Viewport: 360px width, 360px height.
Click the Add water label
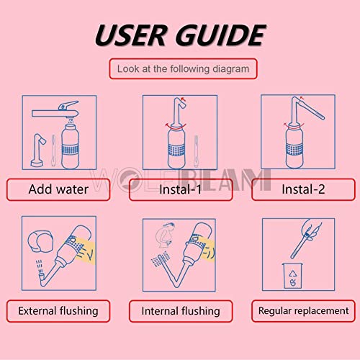58,190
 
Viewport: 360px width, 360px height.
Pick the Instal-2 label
303,190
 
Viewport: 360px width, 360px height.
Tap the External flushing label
58,311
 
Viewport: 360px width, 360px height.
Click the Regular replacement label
303,311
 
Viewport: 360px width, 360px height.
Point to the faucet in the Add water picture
58,109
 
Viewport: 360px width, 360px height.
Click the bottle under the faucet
71,148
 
